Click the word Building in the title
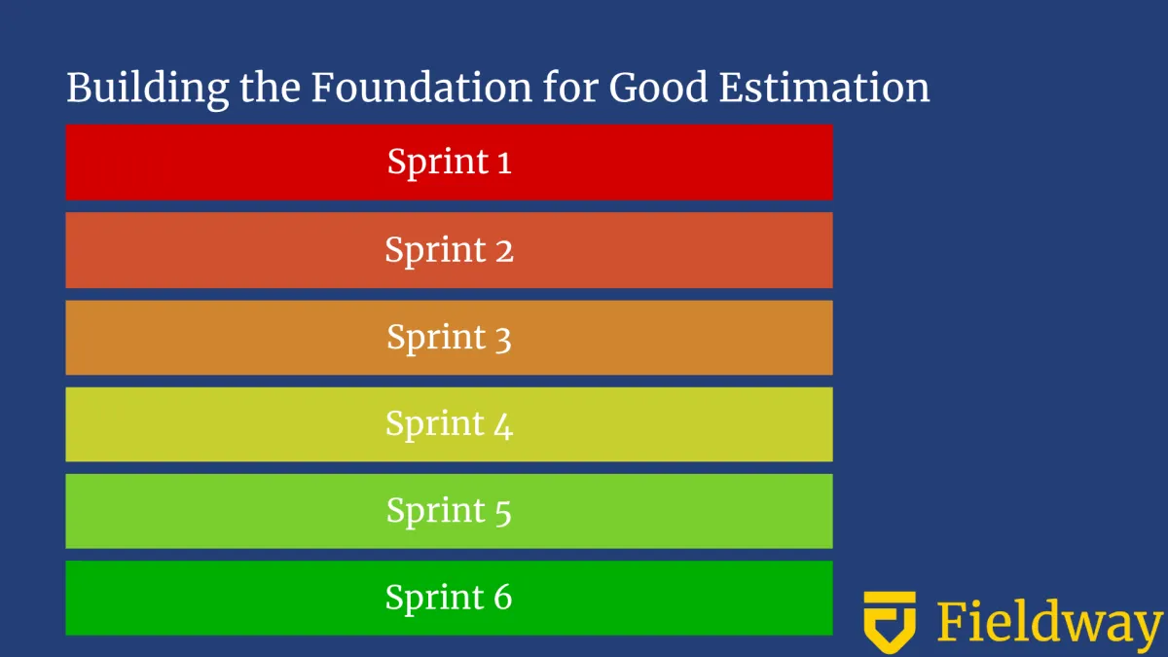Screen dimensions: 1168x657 click(148, 90)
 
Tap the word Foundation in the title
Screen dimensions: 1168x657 click(421, 87)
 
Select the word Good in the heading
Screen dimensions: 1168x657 click(658, 87)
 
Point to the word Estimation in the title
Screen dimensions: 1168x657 click(824, 87)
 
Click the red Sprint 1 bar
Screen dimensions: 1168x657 click(449, 163)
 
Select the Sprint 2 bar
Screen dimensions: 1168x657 click(449, 250)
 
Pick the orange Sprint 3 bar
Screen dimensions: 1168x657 click(449, 338)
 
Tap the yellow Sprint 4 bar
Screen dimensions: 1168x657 click(449, 424)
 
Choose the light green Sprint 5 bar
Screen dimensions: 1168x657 click(449, 511)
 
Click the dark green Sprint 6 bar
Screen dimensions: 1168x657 click(449, 598)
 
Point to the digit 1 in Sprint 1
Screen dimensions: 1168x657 click(504, 162)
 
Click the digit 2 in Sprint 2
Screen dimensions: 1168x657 click(504, 250)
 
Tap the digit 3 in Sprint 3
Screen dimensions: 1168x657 click(502, 339)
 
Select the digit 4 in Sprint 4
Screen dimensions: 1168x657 click(504, 426)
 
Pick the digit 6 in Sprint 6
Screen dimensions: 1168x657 click(503, 597)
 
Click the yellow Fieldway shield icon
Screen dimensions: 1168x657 click(890, 622)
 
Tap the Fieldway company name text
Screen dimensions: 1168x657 click(1049, 622)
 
